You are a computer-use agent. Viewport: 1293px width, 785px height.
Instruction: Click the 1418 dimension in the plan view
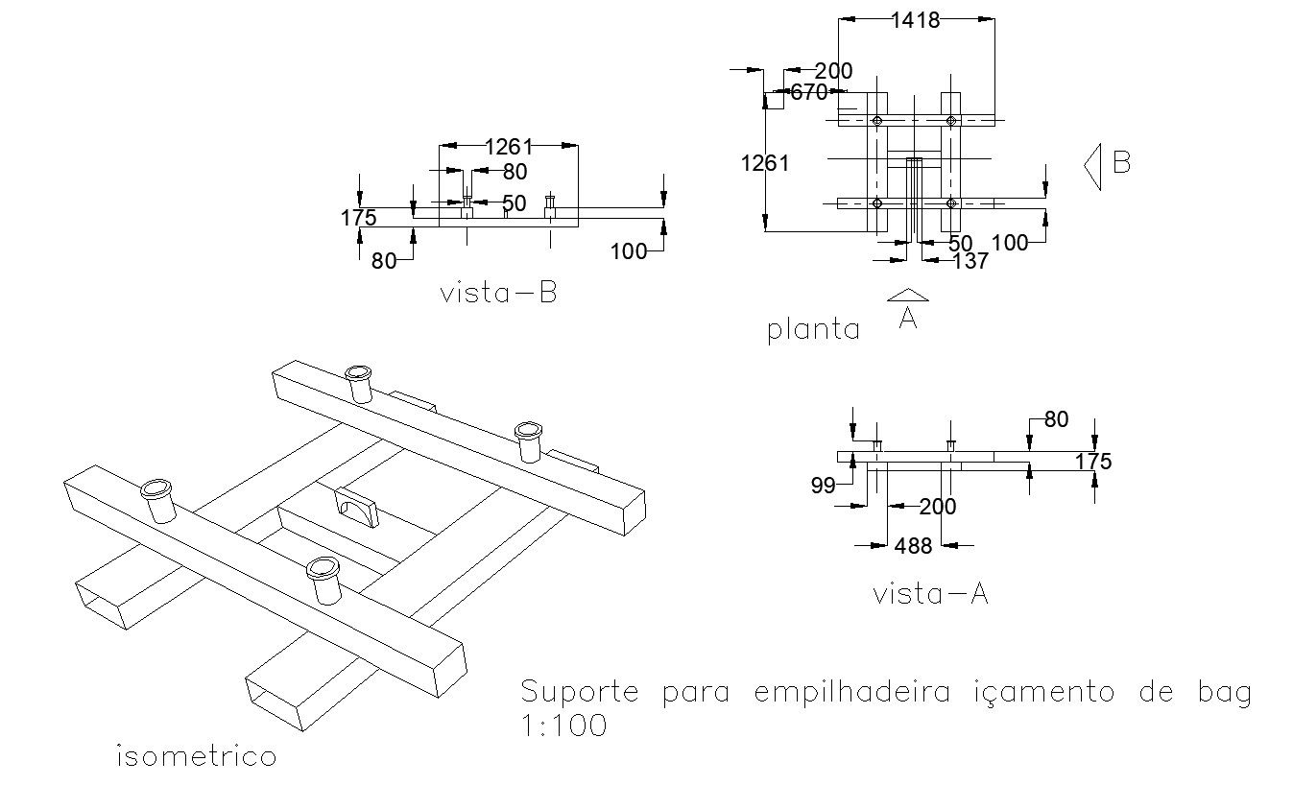(x=915, y=20)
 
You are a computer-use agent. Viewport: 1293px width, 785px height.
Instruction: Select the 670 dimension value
(x=808, y=93)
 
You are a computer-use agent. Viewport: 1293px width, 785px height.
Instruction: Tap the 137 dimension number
(x=970, y=261)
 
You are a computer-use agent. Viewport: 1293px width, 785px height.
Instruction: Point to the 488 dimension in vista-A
(x=913, y=546)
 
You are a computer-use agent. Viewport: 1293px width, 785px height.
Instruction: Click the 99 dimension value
(x=823, y=486)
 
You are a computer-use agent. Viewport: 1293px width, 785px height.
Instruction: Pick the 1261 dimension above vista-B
(x=508, y=147)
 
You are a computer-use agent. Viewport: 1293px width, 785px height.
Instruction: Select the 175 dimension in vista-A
(x=1092, y=462)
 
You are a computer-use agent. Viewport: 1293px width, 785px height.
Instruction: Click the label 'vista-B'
(x=498, y=293)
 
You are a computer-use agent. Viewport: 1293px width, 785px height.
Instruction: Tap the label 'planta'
(x=813, y=330)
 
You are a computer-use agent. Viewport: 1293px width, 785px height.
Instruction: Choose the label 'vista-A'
(x=930, y=594)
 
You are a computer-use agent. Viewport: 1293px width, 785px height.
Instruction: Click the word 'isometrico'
(x=196, y=756)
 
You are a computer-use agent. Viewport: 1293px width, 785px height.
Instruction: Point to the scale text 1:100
(x=563, y=726)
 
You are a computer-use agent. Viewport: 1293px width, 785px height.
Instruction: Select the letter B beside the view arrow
(x=1121, y=162)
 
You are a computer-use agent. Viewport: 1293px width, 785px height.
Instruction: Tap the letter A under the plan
(x=908, y=318)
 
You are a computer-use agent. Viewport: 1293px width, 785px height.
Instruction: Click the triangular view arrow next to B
(x=1092, y=165)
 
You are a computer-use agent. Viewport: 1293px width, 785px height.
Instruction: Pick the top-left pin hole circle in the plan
(x=877, y=121)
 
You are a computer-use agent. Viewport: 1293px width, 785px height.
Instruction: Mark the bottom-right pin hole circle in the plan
(x=951, y=202)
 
